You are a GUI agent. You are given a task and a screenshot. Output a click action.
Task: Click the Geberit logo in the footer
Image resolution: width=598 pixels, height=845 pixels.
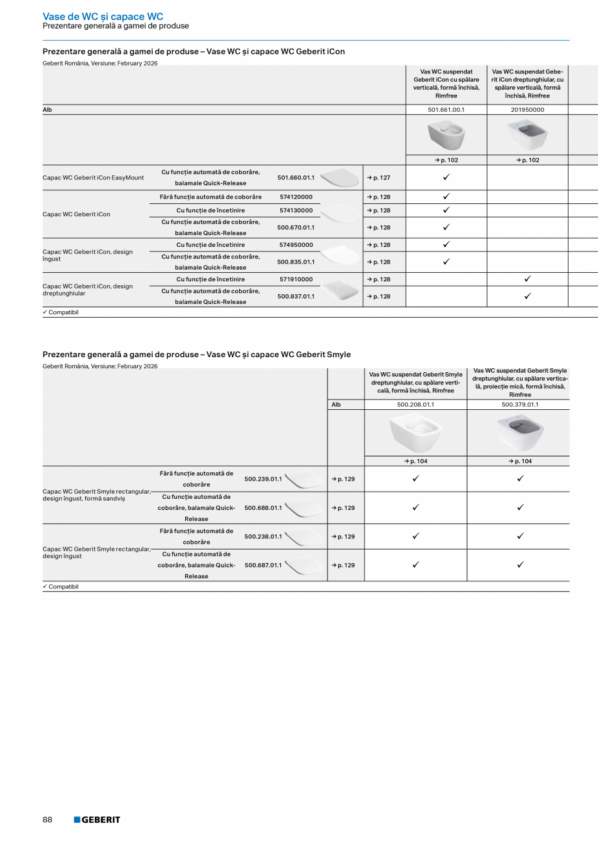[x=97, y=820]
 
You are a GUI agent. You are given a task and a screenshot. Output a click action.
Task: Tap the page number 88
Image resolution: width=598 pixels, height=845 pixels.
[x=47, y=820]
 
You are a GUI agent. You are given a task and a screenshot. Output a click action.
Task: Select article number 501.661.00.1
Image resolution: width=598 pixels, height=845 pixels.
[x=446, y=110]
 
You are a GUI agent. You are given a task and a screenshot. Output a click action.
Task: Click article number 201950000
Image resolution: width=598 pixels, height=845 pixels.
[x=527, y=110]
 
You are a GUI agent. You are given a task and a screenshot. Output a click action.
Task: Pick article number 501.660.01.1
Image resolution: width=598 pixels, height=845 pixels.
[x=296, y=177]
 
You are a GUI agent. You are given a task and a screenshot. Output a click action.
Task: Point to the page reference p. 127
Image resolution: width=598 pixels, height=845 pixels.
[x=378, y=177]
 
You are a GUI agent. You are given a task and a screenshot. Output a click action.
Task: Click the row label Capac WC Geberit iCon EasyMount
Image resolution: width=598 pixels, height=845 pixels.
[x=94, y=177]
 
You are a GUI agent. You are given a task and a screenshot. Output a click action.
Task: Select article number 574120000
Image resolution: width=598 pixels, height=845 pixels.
[x=296, y=197]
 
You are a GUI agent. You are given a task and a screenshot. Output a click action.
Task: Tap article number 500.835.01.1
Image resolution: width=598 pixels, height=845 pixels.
[x=296, y=262]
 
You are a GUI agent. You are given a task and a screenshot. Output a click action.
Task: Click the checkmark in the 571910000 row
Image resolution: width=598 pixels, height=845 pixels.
[x=527, y=279]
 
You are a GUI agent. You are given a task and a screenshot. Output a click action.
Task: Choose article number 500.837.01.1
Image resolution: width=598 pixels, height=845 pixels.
[x=296, y=296]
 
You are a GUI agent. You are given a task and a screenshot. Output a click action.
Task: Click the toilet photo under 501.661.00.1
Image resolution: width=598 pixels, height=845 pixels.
[x=446, y=135]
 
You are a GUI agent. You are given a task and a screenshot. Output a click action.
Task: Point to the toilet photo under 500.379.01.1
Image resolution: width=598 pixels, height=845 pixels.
[x=519, y=433]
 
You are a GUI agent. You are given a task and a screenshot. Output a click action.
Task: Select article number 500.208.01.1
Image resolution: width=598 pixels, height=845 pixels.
[x=415, y=405]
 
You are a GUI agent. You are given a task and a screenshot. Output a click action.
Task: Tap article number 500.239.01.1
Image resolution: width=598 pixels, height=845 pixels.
[x=263, y=479]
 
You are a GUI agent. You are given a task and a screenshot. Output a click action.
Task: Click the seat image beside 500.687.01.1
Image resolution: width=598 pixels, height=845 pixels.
[x=304, y=566]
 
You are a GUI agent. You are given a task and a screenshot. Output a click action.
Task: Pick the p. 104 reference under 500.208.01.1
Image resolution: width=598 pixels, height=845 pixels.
[x=415, y=461]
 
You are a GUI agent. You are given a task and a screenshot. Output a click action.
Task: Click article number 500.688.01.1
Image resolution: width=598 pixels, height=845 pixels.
[x=263, y=508]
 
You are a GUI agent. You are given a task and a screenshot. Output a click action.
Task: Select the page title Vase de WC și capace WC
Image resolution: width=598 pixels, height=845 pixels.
[x=103, y=16]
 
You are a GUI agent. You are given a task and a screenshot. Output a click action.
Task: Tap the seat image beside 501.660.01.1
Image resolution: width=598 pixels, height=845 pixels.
[x=339, y=177]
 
